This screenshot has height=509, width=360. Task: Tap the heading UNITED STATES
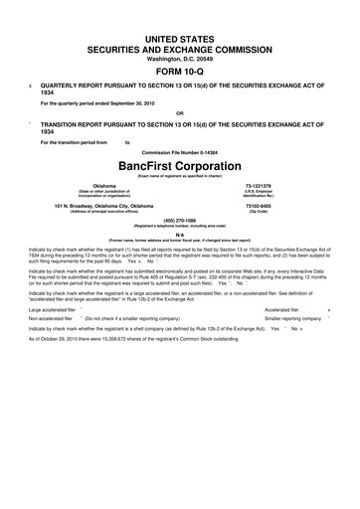179,36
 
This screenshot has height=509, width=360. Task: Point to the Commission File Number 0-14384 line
179,151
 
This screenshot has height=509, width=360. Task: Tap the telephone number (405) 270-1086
179,219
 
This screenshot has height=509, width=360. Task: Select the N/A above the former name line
179,234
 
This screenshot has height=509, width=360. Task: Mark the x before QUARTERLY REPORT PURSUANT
31,85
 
